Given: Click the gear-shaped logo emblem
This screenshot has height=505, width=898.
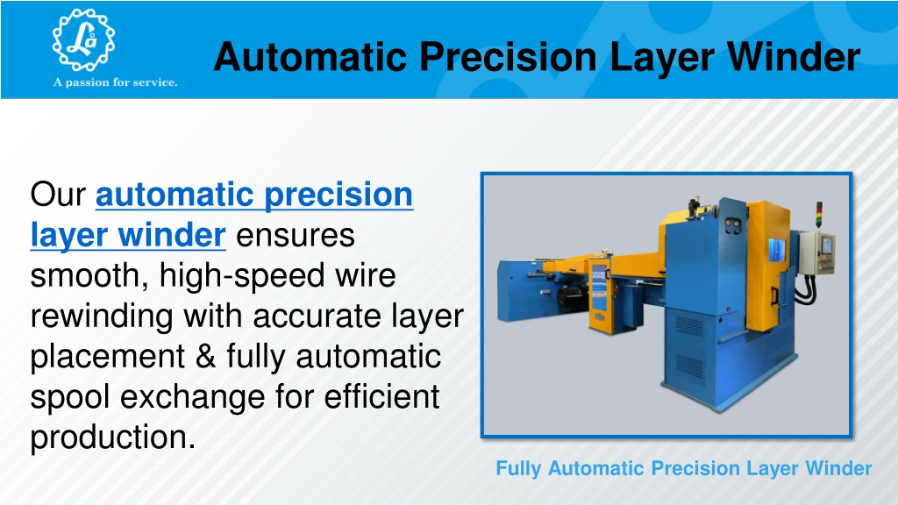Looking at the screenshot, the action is (83, 39).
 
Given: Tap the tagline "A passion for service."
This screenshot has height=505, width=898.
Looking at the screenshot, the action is (116, 82).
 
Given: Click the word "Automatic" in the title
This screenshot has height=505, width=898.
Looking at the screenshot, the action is (310, 57).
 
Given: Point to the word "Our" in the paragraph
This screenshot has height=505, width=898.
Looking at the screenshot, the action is (58, 195).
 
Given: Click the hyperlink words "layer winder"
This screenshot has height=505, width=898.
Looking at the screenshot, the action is (128, 235).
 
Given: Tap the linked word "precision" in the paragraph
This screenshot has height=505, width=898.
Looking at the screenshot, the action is (339, 196).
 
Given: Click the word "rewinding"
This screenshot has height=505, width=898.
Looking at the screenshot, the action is (102, 317).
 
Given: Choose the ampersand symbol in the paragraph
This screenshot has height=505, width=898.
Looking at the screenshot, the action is (205, 357).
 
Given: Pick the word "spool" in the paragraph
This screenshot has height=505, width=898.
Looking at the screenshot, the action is (70, 397).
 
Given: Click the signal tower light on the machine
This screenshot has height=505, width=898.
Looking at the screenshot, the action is (819, 215).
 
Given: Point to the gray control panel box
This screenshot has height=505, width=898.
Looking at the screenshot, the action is (818, 252).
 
